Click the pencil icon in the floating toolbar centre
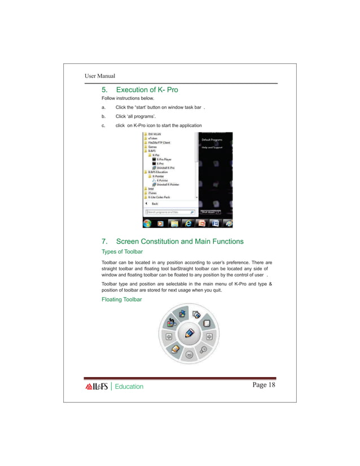190,333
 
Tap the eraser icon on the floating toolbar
175,350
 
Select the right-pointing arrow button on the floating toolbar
209,337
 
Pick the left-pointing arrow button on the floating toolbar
168,337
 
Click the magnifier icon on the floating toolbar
203,350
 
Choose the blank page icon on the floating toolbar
207,323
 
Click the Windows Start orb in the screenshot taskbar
147,223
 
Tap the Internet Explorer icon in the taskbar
187,223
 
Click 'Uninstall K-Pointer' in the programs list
169,184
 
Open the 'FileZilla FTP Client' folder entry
159,143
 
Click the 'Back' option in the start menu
154,204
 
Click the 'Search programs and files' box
166,212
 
